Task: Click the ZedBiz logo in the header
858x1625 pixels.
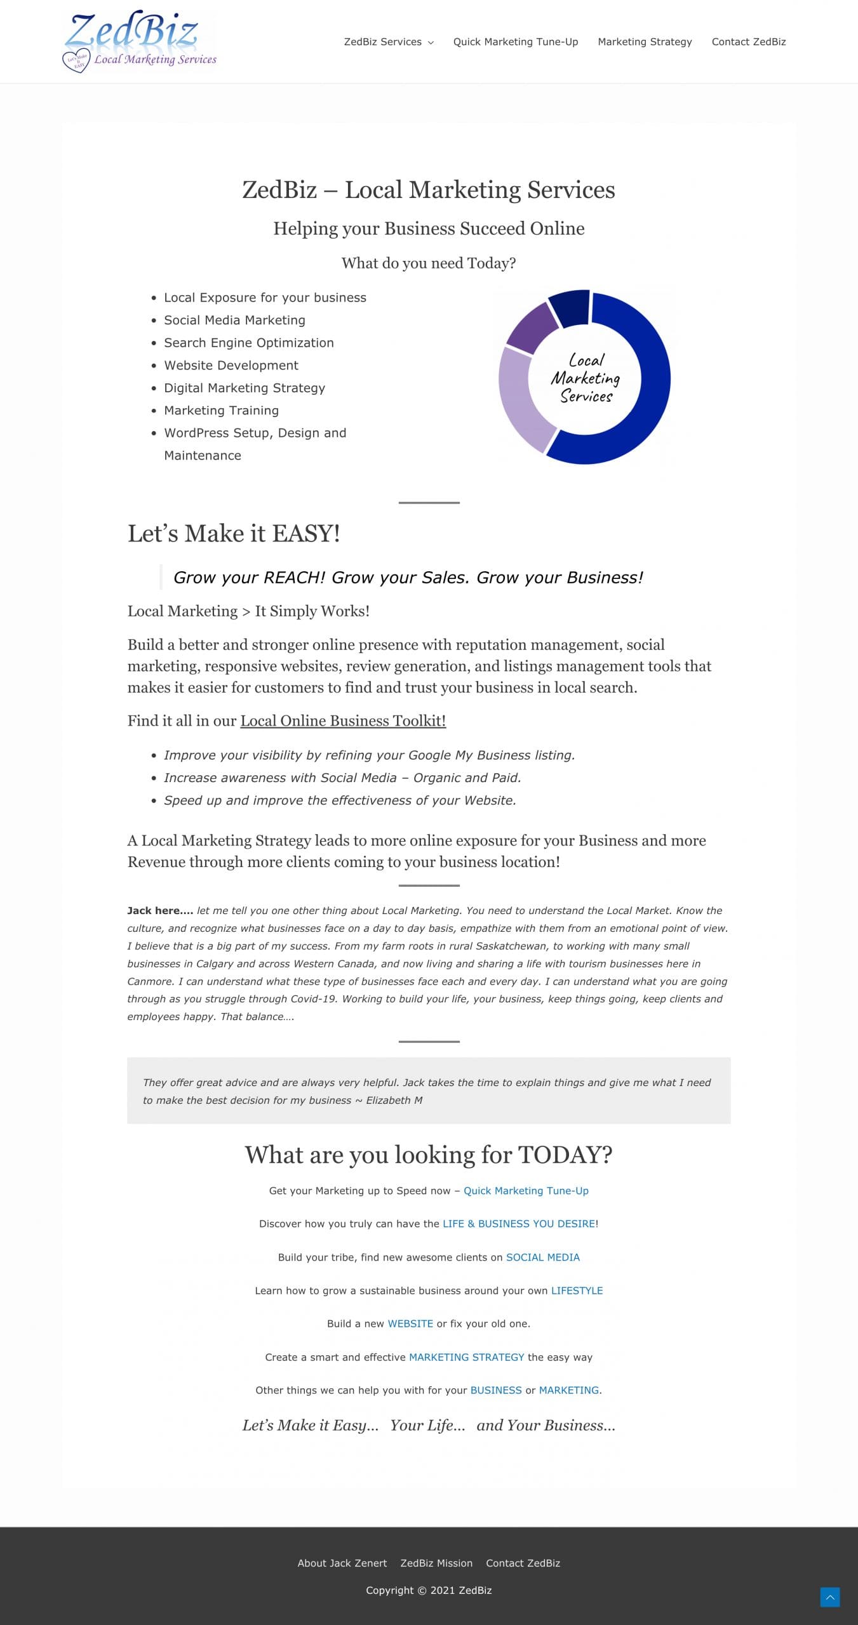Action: point(140,41)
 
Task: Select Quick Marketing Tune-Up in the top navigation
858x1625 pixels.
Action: point(515,42)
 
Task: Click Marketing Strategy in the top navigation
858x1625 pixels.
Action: point(645,42)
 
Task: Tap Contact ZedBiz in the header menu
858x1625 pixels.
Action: point(748,42)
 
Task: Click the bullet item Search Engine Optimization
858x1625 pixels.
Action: point(248,343)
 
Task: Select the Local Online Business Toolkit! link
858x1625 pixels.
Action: point(343,721)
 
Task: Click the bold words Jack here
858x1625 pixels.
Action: point(159,910)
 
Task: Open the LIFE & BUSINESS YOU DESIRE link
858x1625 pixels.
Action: point(519,1224)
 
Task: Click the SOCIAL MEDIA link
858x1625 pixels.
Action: point(542,1257)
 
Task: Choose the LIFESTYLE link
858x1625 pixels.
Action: point(577,1290)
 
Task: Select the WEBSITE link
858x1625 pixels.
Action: point(410,1323)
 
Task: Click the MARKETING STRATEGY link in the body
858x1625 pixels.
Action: point(466,1357)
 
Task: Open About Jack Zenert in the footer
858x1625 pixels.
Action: point(342,1563)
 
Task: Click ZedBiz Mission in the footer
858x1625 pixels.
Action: point(436,1563)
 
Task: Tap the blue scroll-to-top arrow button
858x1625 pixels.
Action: point(829,1597)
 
